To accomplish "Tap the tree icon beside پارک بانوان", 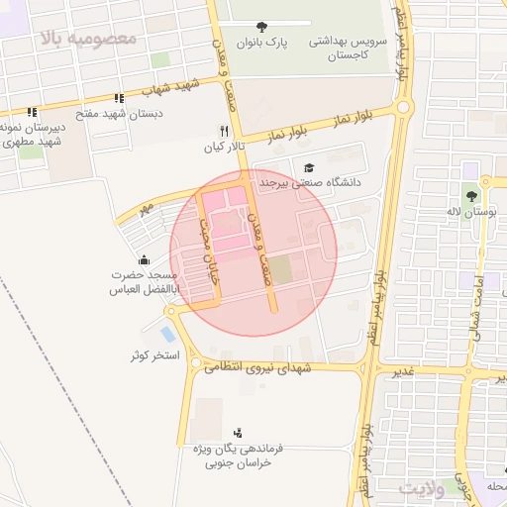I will (261, 27).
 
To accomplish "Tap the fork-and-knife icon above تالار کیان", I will (224, 131).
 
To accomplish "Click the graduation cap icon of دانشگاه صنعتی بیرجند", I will (309, 168).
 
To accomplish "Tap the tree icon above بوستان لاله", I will (470, 196).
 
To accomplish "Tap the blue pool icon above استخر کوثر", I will (167, 334).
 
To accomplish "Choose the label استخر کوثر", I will (154, 355).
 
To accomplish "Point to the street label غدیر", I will (401, 371).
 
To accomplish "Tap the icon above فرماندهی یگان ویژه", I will (237, 433).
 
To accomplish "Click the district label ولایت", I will (426, 488).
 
